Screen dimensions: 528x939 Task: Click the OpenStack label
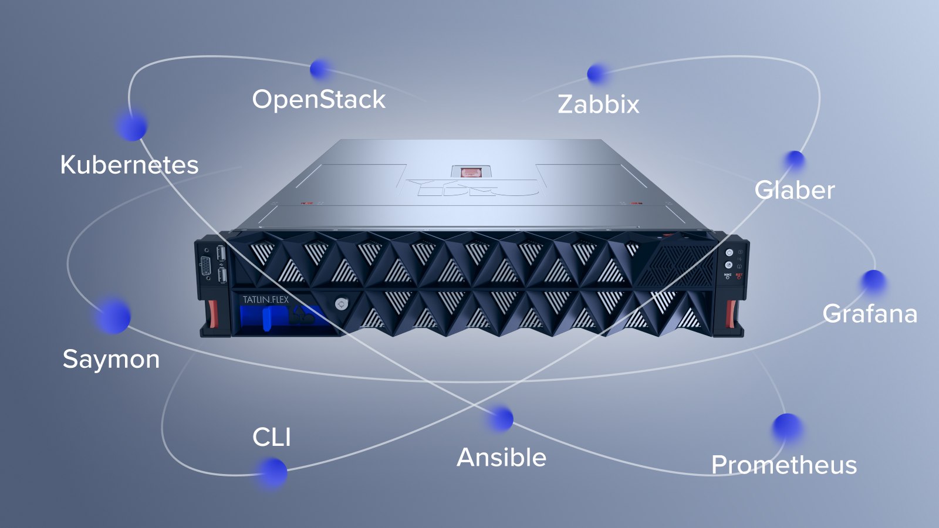319,100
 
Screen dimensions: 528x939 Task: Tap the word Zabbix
598,104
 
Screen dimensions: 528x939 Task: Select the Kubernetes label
129,165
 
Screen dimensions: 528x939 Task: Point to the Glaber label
794,190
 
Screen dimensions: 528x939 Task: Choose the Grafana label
869,314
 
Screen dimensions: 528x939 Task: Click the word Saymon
111,359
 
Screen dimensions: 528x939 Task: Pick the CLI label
271,437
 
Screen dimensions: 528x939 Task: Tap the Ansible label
501,458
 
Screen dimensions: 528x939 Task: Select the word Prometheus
783,465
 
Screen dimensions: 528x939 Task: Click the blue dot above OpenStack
319,69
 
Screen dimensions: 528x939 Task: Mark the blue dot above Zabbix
597,74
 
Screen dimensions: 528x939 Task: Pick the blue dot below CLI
272,472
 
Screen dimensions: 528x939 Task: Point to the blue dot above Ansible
502,419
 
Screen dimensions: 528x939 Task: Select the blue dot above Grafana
873,282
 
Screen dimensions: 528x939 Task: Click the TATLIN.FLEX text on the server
265,300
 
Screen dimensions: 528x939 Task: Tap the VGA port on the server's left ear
207,266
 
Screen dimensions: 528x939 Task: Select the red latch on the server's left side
212,314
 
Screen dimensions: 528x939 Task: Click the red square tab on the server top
471,172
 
